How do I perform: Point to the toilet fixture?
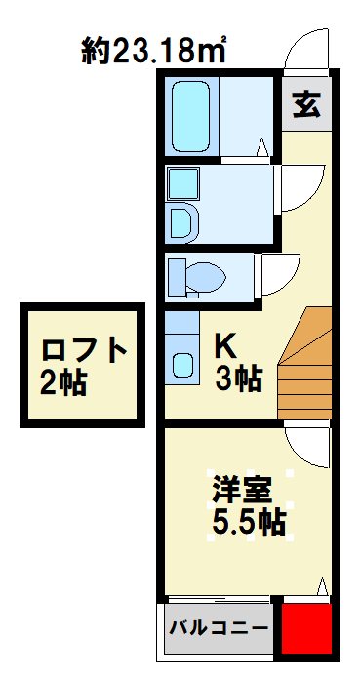pos(203,275)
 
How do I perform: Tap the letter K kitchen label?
pos(224,344)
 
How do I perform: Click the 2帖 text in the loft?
pos(64,382)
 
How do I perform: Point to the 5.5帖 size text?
pos(249,524)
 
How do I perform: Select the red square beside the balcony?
pos(304,629)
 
